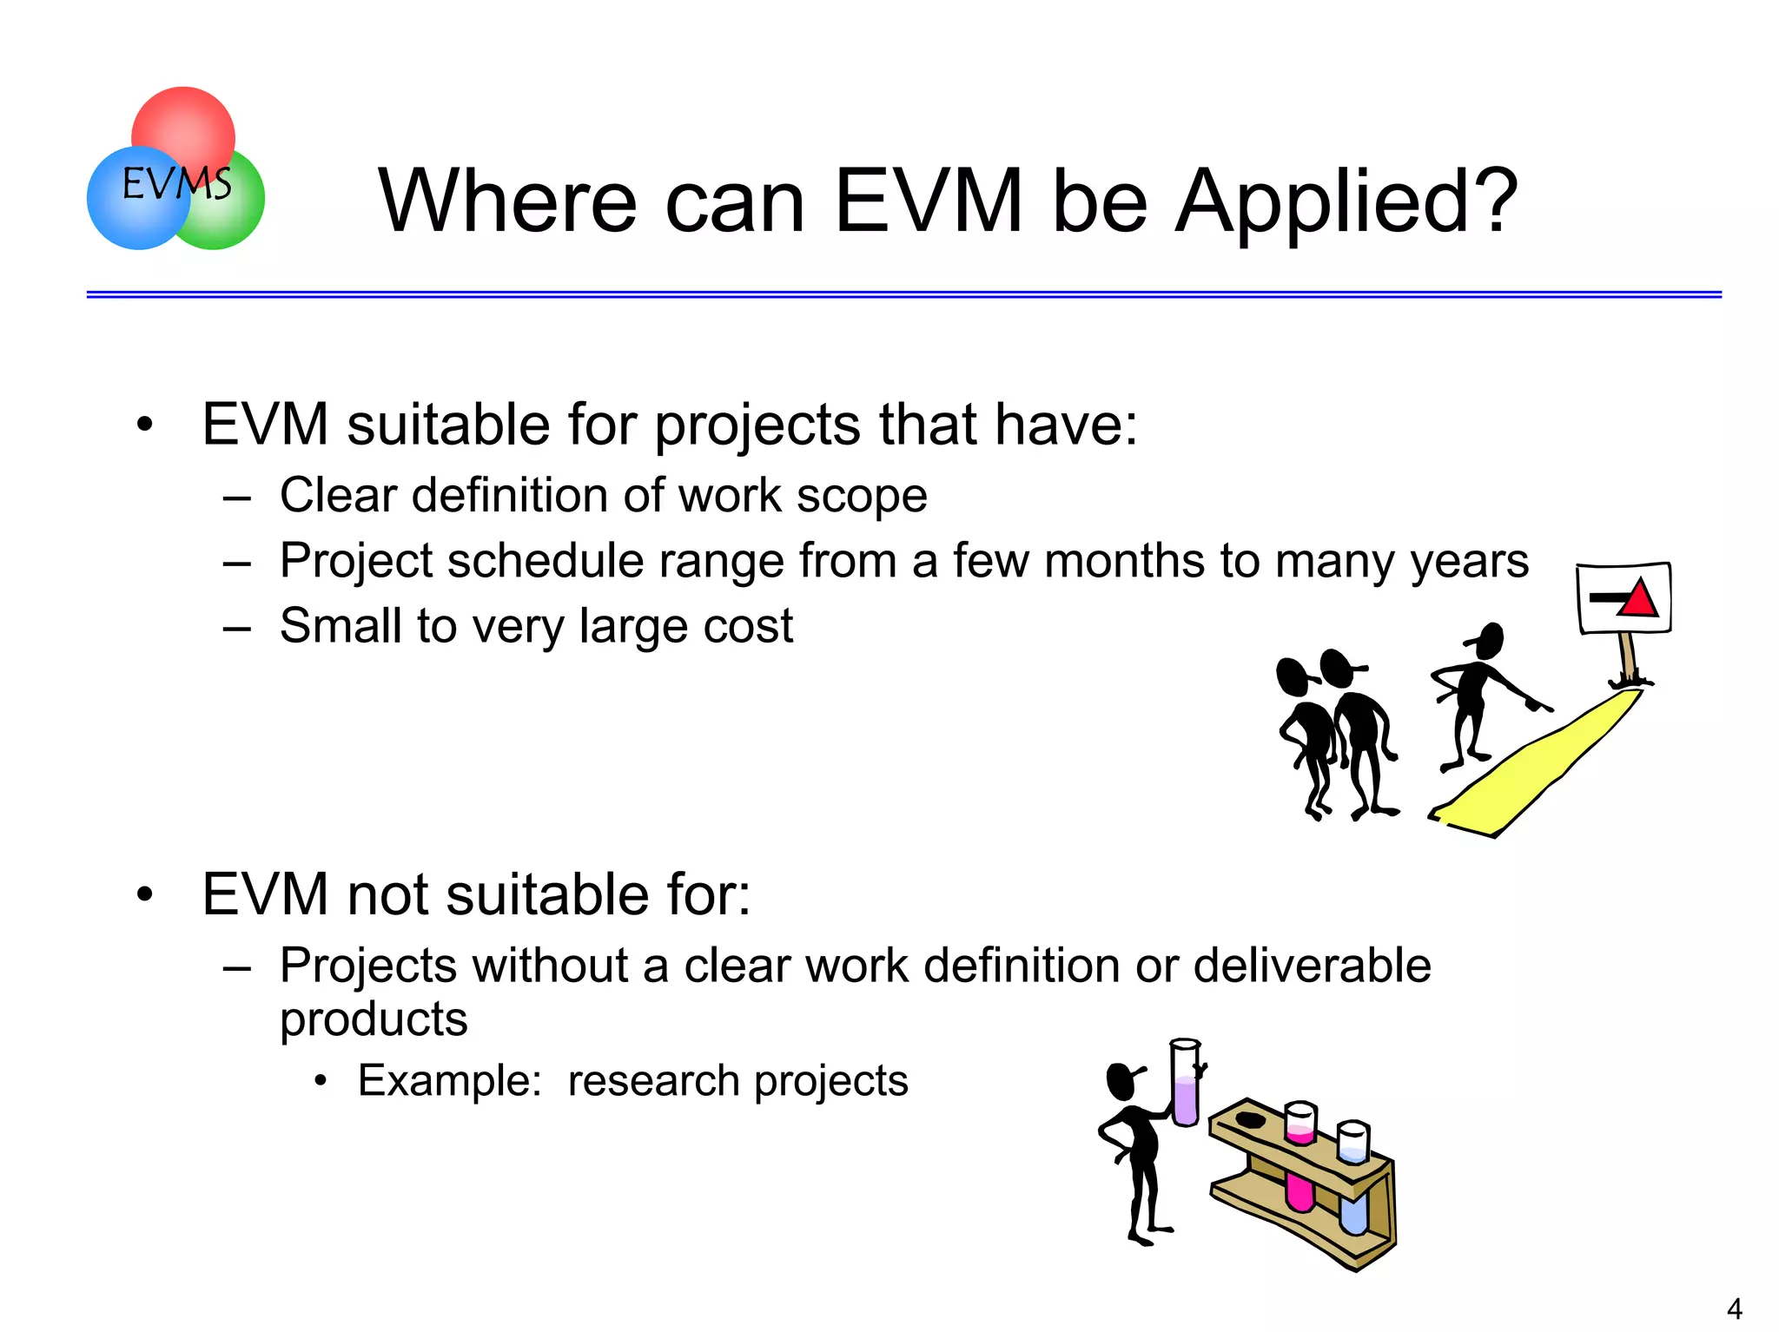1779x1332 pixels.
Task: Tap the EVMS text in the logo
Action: [x=176, y=184]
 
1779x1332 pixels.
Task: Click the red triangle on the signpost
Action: [x=1639, y=599]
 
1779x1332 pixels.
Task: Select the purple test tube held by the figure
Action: [x=1186, y=1085]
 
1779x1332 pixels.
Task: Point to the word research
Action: [x=653, y=1081]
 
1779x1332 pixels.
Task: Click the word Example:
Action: [x=450, y=1081]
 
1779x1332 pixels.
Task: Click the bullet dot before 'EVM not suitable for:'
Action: [x=144, y=894]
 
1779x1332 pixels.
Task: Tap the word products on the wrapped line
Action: [x=374, y=1019]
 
